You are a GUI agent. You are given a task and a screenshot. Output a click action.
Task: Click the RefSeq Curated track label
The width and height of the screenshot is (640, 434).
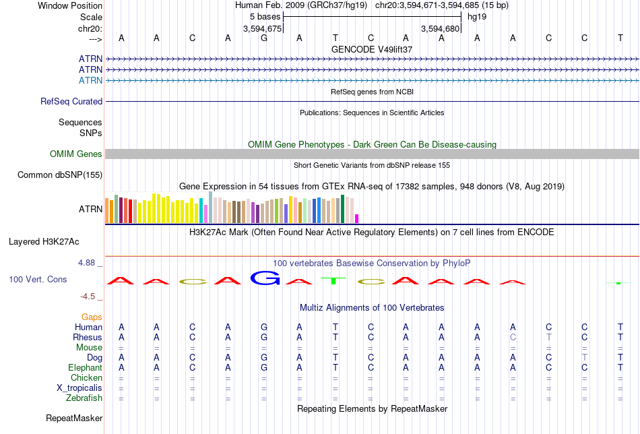[71, 101]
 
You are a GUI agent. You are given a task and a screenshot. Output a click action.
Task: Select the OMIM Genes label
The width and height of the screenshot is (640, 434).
[76, 154]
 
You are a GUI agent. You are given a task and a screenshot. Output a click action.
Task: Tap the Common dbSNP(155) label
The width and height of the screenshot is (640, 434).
[60, 175]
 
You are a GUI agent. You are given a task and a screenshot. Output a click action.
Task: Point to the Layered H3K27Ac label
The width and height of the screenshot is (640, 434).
[44, 242]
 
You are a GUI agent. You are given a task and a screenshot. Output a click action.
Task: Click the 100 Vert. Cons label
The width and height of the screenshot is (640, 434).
[38, 279]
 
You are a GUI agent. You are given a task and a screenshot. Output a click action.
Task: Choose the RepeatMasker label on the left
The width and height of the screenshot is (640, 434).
[74, 418]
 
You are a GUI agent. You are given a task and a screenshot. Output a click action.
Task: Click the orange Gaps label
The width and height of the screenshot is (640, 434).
[92, 317]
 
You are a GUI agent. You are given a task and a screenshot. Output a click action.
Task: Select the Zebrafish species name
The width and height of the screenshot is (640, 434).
[84, 398]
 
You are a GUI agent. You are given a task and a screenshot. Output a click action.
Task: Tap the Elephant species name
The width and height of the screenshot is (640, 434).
[86, 368]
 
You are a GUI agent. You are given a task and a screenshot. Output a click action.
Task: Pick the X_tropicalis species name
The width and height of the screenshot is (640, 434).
[79, 388]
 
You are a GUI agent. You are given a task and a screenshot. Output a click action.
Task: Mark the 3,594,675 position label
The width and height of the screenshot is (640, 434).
[263, 28]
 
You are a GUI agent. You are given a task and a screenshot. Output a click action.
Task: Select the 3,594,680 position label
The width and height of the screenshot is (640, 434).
[441, 28]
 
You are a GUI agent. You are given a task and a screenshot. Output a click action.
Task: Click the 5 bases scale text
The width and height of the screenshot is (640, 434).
[265, 17]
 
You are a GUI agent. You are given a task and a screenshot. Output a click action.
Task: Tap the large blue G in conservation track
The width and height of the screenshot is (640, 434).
[265, 278]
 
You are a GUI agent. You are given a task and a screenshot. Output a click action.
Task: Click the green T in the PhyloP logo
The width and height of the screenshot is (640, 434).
[333, 280]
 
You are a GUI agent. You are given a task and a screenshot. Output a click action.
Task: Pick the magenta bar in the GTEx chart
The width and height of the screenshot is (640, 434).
[357, 219]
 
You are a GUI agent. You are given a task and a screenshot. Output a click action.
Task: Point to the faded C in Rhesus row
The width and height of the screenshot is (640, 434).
[513, 337]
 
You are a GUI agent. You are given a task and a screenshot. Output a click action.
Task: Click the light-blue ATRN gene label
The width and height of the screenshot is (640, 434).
[91, 80]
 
